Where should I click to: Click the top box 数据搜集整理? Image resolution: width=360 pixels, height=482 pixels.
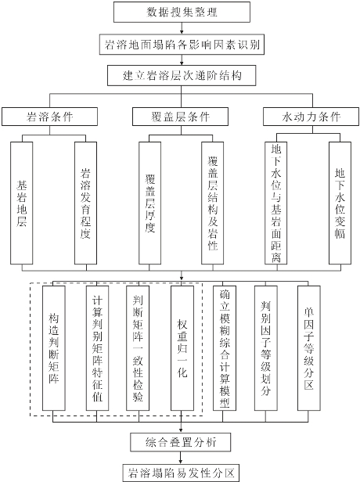(182, 12)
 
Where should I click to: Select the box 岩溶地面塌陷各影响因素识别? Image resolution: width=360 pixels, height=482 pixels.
(182, 45)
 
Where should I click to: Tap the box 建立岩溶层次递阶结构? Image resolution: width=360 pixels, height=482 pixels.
(182, 75)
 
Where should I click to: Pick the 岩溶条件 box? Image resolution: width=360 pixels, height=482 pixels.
(49, 117)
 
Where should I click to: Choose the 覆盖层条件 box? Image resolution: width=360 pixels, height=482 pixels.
(181, 117)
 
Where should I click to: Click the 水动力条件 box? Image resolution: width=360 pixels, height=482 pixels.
(311, 117)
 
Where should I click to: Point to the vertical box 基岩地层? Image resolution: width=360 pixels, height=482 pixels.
(21, 203)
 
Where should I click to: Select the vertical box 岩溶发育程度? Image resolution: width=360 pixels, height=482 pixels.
(86, 203)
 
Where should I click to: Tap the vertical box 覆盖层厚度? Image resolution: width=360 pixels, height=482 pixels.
(149, 203)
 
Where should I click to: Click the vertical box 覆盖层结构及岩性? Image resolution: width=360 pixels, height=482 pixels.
(213, 203)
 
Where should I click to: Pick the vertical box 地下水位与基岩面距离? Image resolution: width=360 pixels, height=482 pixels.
(276, 203)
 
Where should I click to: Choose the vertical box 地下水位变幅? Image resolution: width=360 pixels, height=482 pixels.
(340, 203)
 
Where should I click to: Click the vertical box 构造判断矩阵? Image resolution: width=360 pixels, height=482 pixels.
(54, 348)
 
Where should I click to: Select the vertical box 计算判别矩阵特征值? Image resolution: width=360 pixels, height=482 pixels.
(98, 348)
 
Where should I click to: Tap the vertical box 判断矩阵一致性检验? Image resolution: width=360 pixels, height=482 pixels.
(138, 348)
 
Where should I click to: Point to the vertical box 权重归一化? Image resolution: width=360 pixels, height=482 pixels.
(182, 348)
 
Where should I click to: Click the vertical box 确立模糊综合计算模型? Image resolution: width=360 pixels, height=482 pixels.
(225, 348)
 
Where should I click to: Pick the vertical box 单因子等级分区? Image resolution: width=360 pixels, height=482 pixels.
(309, 348)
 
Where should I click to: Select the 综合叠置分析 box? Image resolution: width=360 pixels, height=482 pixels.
(181, 442)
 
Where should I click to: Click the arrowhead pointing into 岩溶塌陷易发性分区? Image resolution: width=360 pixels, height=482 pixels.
(181, 462)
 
